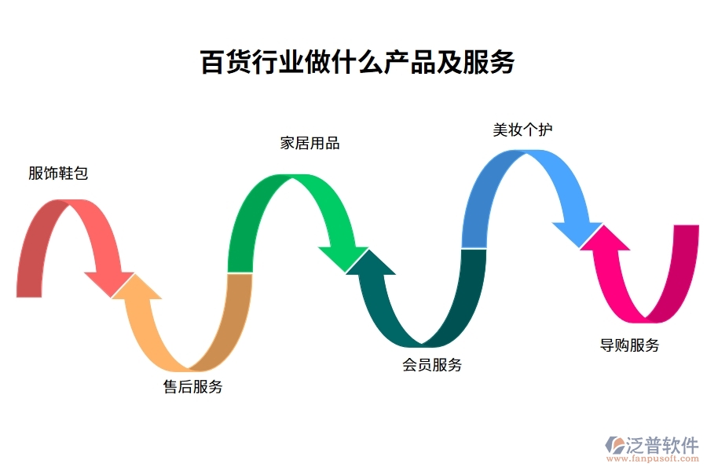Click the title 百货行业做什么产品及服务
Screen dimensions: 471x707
(357, 63)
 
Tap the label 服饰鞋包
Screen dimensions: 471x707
(58, 173)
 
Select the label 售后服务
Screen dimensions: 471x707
(192, 386)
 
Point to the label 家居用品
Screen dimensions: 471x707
(310, 144)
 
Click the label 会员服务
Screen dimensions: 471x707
(432, 364)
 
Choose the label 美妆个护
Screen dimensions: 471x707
(522, 130)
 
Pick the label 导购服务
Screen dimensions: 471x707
(629, 345)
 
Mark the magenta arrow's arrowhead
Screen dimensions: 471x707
(603, 238)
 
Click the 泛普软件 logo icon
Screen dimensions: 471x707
(613, 445)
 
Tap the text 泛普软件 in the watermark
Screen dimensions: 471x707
(662, 444)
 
